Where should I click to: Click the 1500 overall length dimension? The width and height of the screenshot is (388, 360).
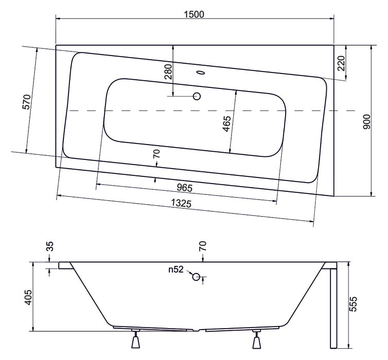[194, 14]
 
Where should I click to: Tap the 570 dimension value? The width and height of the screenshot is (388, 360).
[27, 102]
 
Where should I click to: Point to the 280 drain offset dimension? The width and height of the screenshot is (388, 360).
[168, 71]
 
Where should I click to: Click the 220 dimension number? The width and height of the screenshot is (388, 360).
[341, 63]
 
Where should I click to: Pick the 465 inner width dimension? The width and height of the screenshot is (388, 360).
[226, 123]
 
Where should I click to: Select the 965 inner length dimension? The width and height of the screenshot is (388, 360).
[185, 188]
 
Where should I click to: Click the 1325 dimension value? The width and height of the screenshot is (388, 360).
[181, 203]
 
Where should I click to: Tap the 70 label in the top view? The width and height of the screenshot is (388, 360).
[157, 154]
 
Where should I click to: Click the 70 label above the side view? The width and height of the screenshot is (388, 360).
[202, 246]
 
